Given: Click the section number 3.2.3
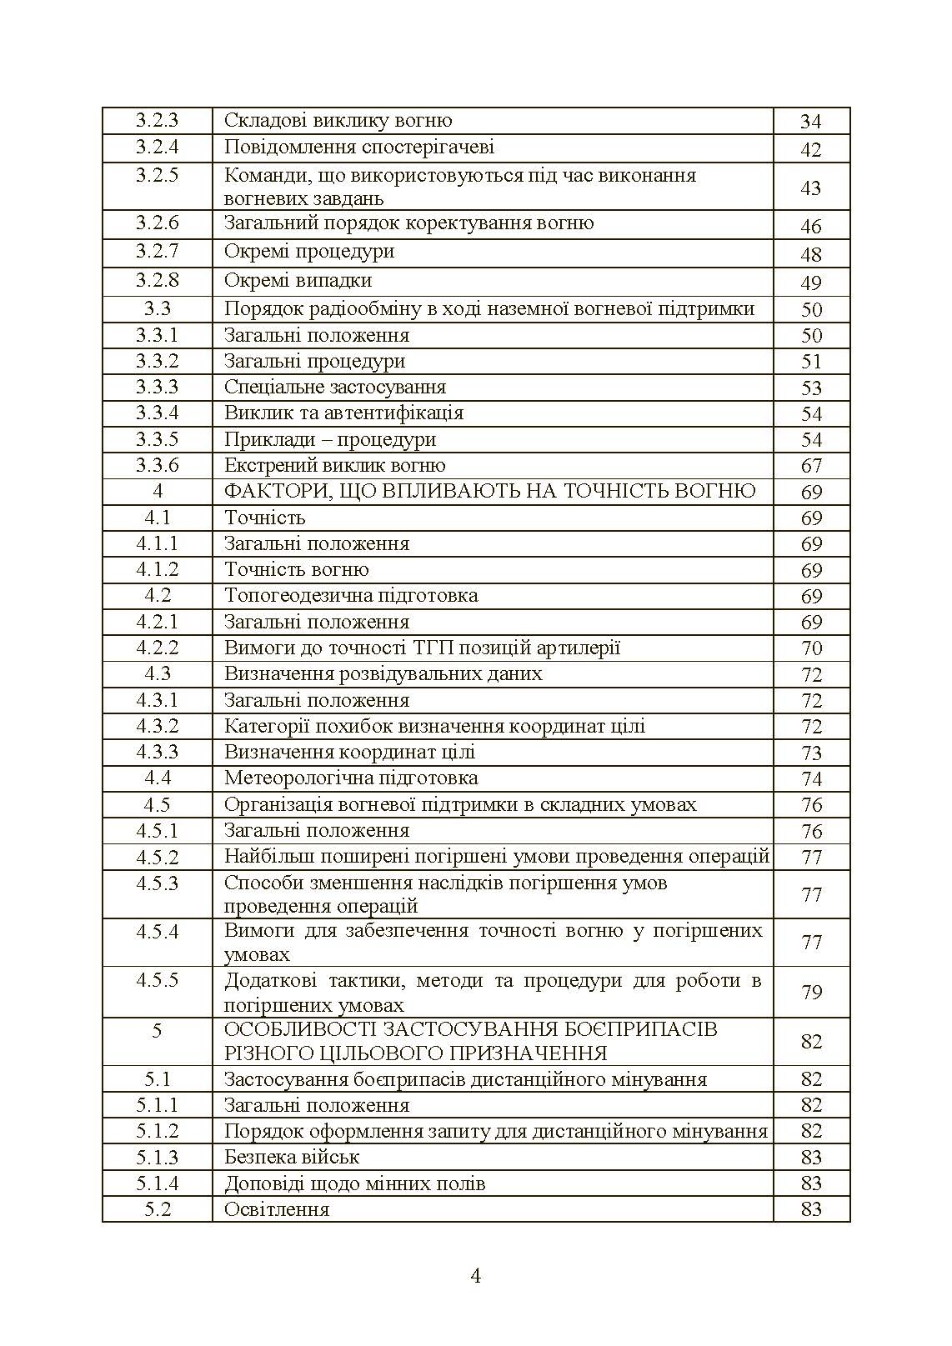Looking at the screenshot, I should (x=157, y=121).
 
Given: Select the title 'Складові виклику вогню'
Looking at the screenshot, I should (x=338, y=121).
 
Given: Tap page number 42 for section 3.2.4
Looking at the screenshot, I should (x=810, y=149).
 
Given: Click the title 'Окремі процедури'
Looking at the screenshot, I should (x=309, y=252).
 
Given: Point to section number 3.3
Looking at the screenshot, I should (x=157, y=308).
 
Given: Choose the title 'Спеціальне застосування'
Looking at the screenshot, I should (x=335, y=387).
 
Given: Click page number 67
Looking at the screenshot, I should (x=810, y=466).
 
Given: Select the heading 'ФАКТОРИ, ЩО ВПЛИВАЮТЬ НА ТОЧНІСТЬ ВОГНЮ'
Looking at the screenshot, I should (x=489, y=491).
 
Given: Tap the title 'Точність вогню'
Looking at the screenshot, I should (x=296, y=570).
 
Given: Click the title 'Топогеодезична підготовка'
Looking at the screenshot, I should (x=351, y=596).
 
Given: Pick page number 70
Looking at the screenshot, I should (x=810, y=648).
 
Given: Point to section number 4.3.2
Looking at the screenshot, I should (x=157, y=726).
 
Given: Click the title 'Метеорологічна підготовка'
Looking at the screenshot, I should (x=351, y=778).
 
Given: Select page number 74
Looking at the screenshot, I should (x=810, y=779).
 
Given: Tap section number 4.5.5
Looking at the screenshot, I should (x=157, y=979).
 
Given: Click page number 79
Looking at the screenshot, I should (x=810, y=992).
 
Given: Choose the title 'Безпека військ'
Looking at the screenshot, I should (x=292, y=1157).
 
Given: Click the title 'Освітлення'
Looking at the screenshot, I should (x=277, y=1209).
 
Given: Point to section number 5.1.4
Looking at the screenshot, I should (x=157, y=1183).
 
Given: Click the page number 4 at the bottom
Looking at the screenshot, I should (x=476, y=1276).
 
